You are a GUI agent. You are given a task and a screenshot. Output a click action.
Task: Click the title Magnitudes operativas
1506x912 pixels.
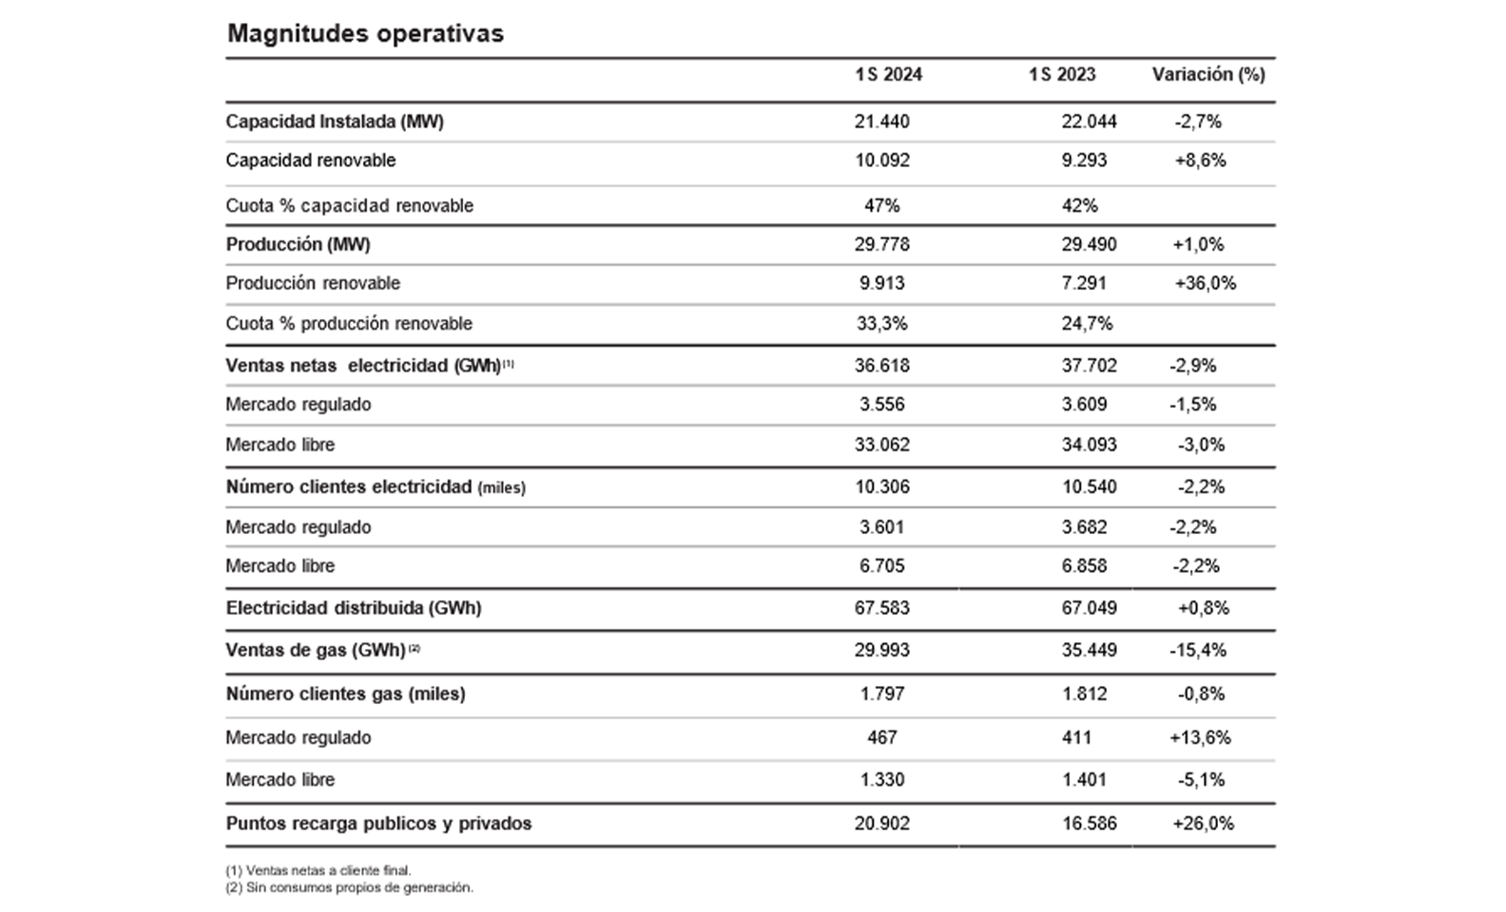tap(365, 33)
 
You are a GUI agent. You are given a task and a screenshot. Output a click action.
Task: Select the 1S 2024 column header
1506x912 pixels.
tap(888, 74)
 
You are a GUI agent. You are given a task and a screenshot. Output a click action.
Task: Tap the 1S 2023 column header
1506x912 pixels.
tap(1062, 74)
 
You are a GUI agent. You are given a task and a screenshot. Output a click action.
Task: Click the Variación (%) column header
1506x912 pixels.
tap(1208, 74)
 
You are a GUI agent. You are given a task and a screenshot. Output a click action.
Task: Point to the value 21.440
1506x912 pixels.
tap(882, 122)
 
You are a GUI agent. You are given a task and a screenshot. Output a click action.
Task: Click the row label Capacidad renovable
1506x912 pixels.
tap(311, 161)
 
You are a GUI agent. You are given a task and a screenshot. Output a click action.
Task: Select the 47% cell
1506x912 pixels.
tap(882, 205)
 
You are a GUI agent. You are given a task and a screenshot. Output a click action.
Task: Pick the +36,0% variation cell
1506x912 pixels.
tap(1205, 283)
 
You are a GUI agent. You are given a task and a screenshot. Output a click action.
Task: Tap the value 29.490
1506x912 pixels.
tap(1090, 244)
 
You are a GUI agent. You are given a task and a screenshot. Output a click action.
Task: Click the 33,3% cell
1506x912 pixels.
tap(882, 324)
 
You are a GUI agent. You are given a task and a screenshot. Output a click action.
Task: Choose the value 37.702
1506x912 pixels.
tap(1090, 366)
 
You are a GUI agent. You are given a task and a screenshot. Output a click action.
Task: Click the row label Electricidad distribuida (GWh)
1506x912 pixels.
tap(354, 608)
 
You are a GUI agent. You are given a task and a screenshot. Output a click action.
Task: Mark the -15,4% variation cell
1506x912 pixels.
tap(1198, 651)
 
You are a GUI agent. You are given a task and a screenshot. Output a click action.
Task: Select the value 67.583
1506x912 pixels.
tap(882, 608)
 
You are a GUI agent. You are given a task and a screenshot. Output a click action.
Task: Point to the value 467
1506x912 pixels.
tap(882, 738)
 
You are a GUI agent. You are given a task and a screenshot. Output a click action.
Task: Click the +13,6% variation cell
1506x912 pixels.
tap(1200, 738)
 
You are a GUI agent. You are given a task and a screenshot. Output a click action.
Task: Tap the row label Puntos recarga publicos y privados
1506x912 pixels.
tap(378, 824)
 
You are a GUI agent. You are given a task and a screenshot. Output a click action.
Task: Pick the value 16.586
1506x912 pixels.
tap(1090, 824)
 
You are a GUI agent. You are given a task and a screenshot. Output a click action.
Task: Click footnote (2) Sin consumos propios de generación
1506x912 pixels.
tap(349, 888)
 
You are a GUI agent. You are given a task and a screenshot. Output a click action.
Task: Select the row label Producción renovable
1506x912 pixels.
tap(313, 283)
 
